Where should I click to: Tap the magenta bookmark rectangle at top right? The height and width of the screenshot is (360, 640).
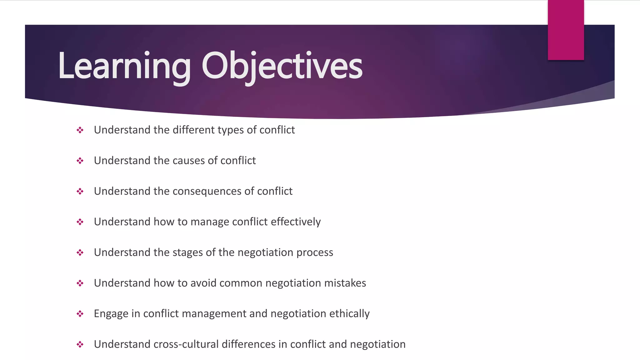566,30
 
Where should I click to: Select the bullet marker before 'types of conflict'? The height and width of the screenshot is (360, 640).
80,130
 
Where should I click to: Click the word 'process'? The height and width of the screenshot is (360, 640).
315,252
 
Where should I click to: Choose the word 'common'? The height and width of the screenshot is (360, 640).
241,283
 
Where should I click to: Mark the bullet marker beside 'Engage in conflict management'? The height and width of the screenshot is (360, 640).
80,314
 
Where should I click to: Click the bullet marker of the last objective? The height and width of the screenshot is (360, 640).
80,344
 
